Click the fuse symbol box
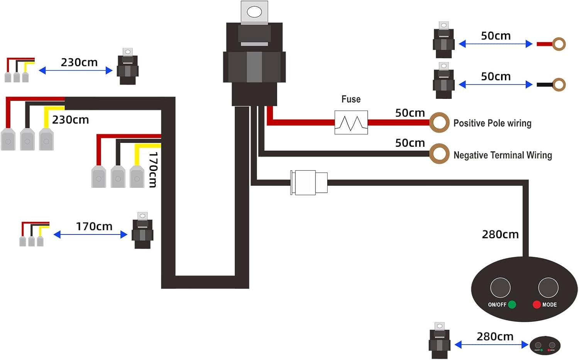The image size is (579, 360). click(x=351, y=122)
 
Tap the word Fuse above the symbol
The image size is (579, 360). click(x=351, y=99)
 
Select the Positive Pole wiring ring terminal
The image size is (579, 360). click(x=439, y=122)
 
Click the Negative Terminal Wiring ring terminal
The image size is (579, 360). click(x=439, y=154)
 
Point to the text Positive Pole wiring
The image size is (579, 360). click(x=492, y=123)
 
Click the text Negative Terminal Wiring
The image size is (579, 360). click(x=503, y=155)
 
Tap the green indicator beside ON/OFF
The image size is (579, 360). click(x=512, y=304)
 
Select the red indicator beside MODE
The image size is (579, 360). click(x=537, y=304)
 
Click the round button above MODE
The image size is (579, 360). click(x=548, y=287)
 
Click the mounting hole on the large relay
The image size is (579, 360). click(x=254, y=12)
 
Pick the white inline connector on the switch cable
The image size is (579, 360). click(x=309, y=182)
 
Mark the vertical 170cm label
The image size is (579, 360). click(x=153, y=170)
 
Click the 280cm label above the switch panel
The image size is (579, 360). click(x=500, y=234)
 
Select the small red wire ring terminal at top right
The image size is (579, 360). click(x=559, y=44)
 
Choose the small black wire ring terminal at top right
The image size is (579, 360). click(x=559, y=85)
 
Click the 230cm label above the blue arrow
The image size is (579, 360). click(x=79, y=62)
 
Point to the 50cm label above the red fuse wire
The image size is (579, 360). click(x=410, y=113)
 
